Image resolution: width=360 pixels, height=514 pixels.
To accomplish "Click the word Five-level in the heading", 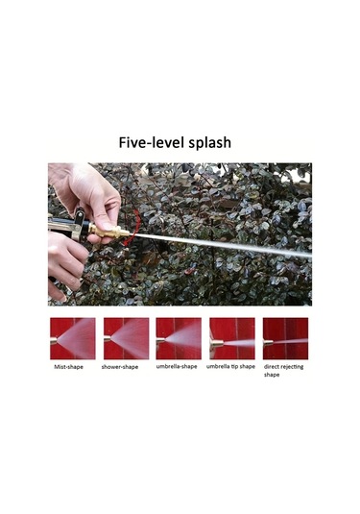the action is tap(148, 143).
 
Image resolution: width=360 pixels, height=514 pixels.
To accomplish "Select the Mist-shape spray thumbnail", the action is tap(73, 338).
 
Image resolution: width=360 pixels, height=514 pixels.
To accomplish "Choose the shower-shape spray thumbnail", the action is tap(126, 338).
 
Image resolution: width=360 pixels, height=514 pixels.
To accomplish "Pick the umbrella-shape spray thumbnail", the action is tap(179, 338).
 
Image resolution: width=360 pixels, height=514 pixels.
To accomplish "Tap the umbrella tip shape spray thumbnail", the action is tap(232, 338).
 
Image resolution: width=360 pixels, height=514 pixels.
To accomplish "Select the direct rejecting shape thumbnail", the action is tap(285, 338).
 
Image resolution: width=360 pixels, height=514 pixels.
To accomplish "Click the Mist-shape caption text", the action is tap(68, 367).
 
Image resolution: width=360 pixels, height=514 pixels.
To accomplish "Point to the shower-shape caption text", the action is tap(120, 367).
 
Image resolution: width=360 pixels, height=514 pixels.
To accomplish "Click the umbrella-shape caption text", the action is tap(177, 366).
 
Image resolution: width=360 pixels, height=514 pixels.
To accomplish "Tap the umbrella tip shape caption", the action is tap(230, 366).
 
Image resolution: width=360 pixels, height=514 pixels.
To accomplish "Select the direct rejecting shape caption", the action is tap(283, 371).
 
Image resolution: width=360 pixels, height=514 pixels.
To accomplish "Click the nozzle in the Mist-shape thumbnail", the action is tap(54, 341).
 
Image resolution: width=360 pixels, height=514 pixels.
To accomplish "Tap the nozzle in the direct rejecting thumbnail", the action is tap(268, 343).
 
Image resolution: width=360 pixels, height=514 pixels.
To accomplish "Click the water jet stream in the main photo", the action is tap(221, 244).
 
